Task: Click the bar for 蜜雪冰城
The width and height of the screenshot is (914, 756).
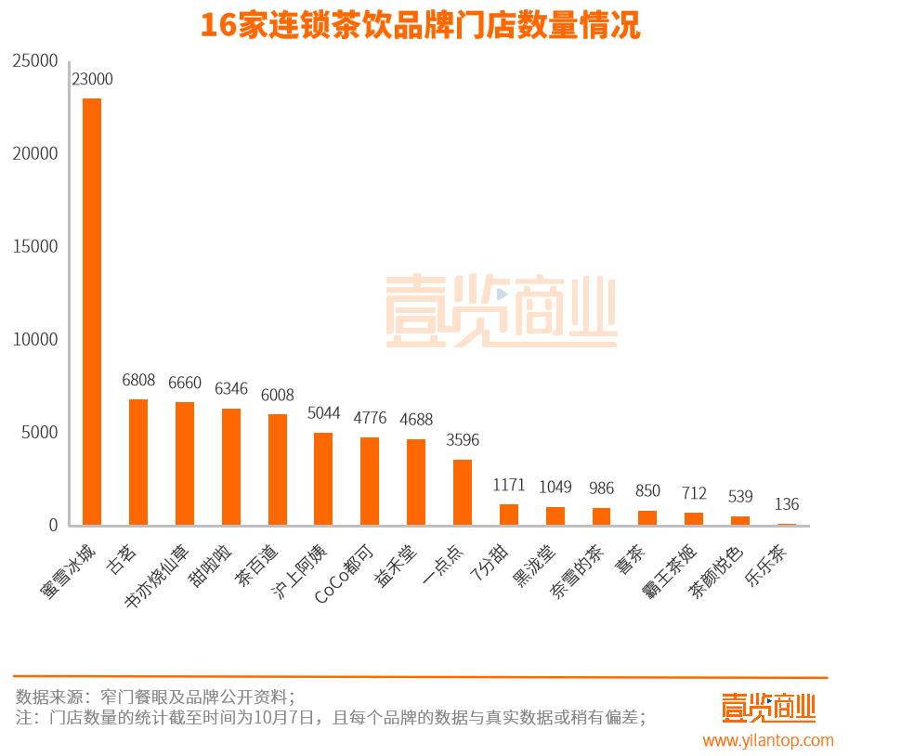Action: tap(92, 311)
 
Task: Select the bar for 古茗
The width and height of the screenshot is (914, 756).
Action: tap(138, 462)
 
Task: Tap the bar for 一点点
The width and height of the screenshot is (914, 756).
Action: tap(463, 492)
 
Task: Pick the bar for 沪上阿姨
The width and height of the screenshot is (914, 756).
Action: tap(323, 478)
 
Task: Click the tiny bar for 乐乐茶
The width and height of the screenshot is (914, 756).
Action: tap(787, 525)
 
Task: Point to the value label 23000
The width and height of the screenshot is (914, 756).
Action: tap(92, 80)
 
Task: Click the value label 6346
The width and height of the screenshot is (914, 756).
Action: tap(231, 388)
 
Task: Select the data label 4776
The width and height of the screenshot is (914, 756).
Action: tap(370, 418)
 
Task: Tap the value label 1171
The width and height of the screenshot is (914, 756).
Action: tap(509, 485)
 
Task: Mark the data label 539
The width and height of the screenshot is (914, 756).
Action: tap(740, 497)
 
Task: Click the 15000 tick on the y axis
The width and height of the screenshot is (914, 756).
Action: tap(35, 246)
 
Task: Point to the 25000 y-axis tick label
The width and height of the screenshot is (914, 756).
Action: tap(35, 60)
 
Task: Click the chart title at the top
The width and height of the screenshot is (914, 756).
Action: tap(420, 25)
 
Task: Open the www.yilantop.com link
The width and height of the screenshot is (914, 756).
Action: tap(768, 740)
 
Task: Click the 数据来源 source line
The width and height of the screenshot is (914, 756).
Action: tap(155, 697)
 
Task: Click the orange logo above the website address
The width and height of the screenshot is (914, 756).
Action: tap(768, 708)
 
